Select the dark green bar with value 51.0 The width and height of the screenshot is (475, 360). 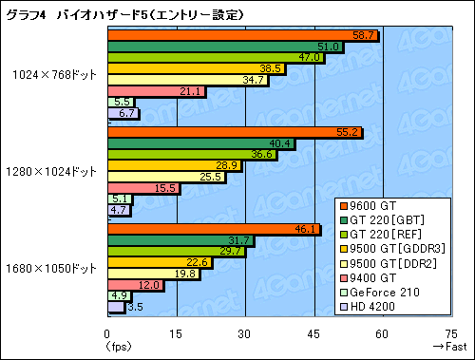point(225,47)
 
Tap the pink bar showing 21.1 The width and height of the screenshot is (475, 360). point(156,91)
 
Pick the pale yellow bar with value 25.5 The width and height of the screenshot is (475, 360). point(165,178)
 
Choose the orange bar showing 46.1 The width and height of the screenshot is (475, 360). point(214,230)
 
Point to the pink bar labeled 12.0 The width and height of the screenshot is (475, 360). point(135,285)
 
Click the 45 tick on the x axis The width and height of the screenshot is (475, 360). point(313,332)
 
